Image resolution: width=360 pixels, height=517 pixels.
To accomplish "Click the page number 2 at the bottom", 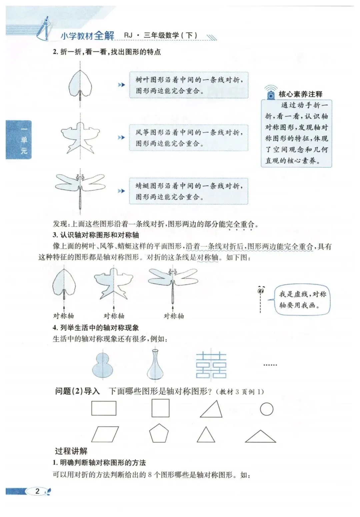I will (37, 491).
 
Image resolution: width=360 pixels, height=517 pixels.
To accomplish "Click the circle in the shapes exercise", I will (267, 409).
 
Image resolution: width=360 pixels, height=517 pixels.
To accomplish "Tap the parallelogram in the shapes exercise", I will (105, 435).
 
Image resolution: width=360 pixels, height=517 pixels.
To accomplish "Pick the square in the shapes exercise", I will (160, 408).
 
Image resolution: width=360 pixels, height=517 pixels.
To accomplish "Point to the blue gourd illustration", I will (103, 365).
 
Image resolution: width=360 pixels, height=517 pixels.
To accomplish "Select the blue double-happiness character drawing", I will (211, 366).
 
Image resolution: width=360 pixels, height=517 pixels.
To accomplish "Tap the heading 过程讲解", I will (71, 451).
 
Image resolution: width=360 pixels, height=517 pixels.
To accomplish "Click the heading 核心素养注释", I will (300, 94).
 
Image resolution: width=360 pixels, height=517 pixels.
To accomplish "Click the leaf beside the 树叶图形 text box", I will (80, 83).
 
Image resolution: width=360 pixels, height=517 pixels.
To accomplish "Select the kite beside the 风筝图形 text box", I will (80, 137).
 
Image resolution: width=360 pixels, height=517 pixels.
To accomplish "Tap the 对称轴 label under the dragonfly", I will (174, 316).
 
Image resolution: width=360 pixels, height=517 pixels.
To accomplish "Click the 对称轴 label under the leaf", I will (64, 316).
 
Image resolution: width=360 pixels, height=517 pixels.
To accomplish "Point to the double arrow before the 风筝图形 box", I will (121, 138).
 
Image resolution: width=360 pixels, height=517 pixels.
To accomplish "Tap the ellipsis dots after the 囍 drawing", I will (270, 365).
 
